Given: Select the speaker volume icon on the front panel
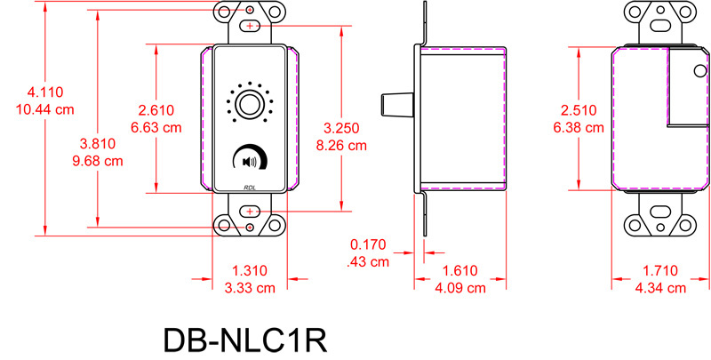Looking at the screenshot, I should [x=248, y=162].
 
